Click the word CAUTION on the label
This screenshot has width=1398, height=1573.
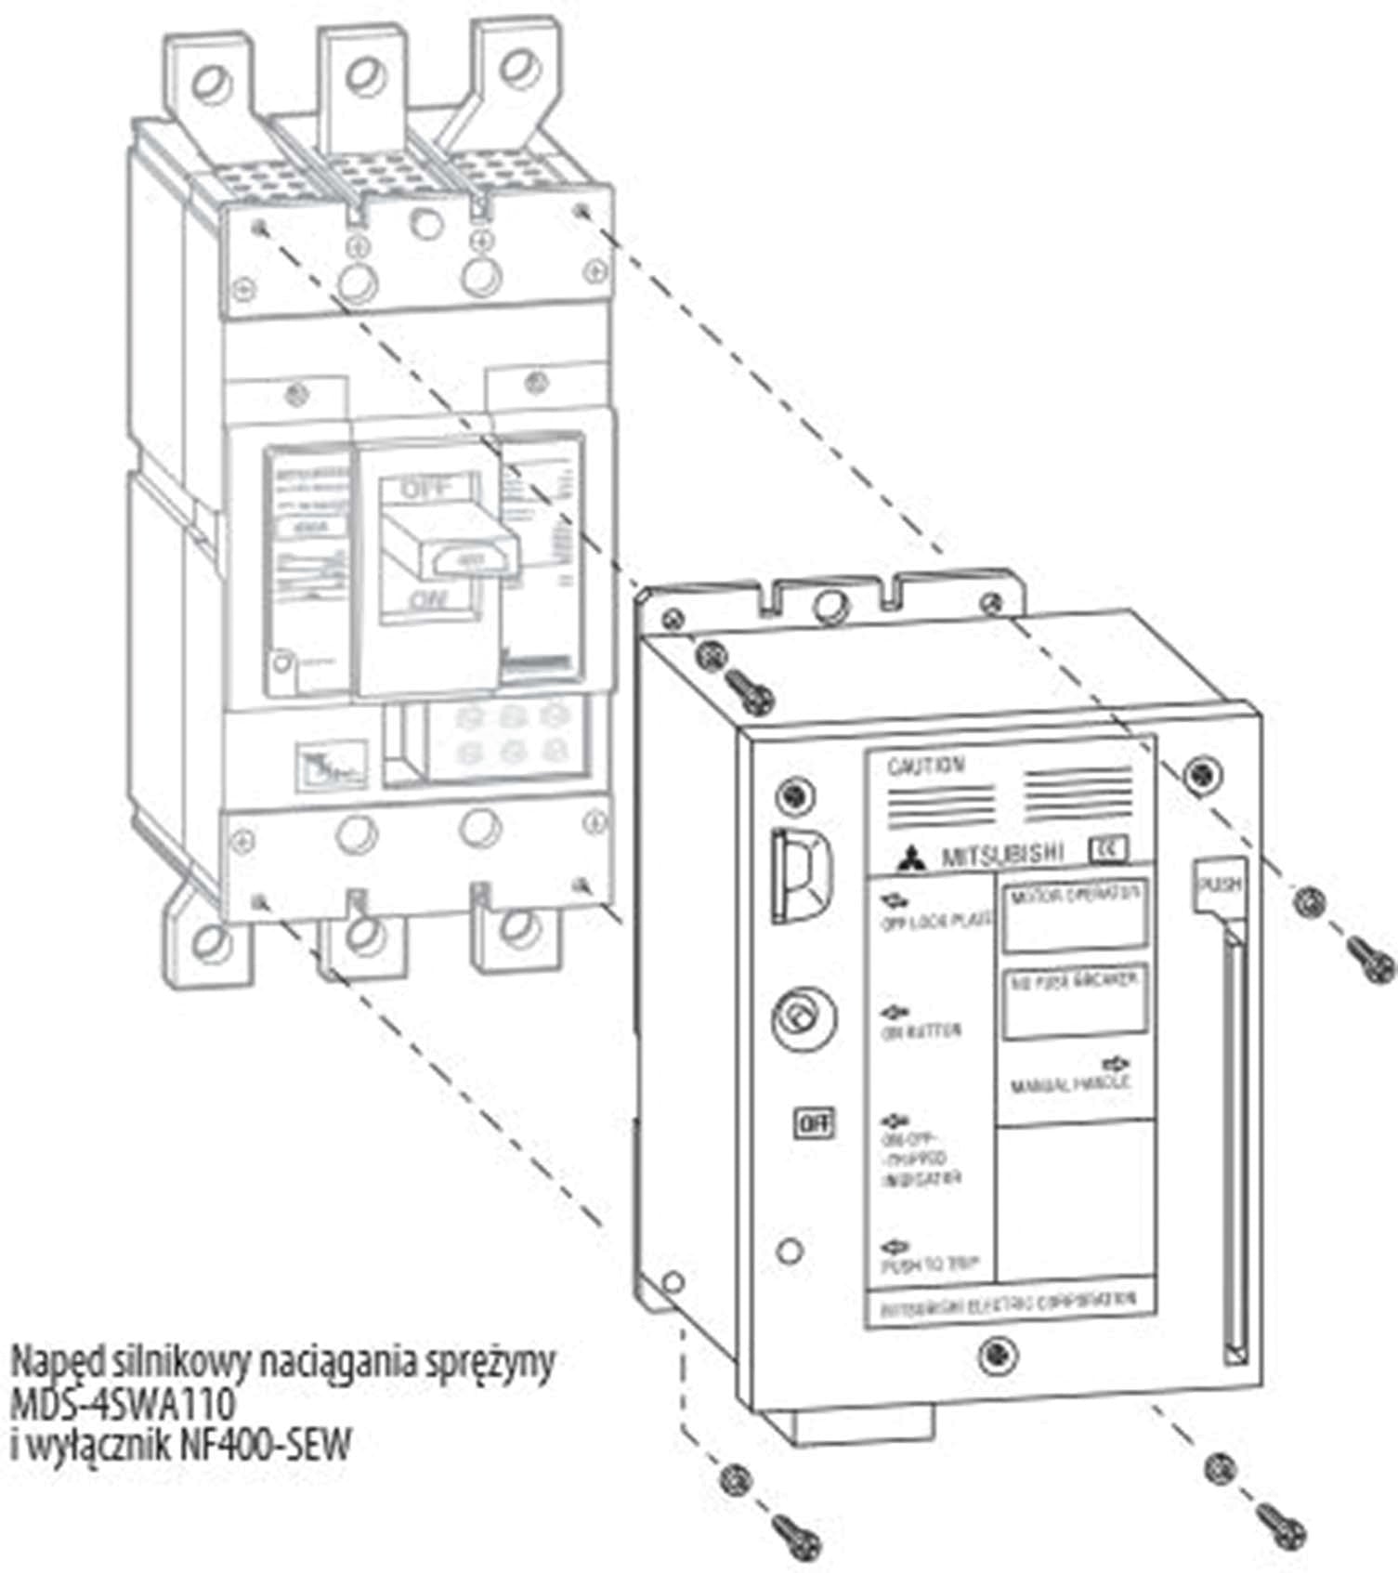click(x=926, y=766)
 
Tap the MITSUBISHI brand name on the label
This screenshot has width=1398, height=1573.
click(x=1000, y=855)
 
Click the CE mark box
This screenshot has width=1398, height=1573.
click(x=1106, y=850)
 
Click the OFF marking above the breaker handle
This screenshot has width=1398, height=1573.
click(x=427, y=489)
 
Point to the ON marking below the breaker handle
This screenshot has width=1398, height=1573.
click(x=427, y=601)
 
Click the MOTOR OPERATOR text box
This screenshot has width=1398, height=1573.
click(x=1075, y=914)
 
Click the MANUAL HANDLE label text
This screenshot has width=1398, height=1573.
click(x=1070, y=1084)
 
